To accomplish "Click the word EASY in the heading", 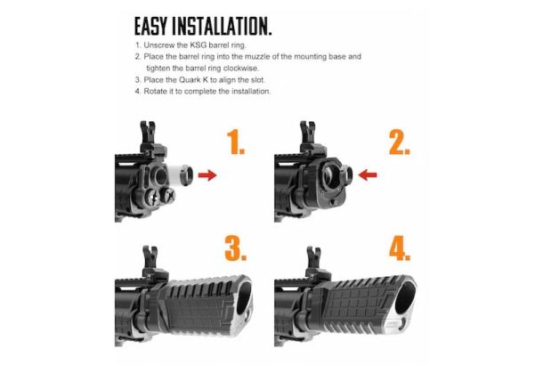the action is [150, 27].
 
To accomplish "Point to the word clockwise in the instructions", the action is [240, 69].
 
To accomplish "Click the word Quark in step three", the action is [193, 80].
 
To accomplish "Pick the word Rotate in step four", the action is [155, 92].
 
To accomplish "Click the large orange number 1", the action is [235, 142].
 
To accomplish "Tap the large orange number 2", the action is [399, 142].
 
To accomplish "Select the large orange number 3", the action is [235, 248].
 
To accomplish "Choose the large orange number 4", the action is [400, 248].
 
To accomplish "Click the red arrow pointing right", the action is [207, 175].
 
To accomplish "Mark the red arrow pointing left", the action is [368, 175].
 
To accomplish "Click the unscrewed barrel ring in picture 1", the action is [186, 175].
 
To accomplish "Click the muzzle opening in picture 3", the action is [244, 297].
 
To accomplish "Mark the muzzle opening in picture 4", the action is [405, 297].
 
